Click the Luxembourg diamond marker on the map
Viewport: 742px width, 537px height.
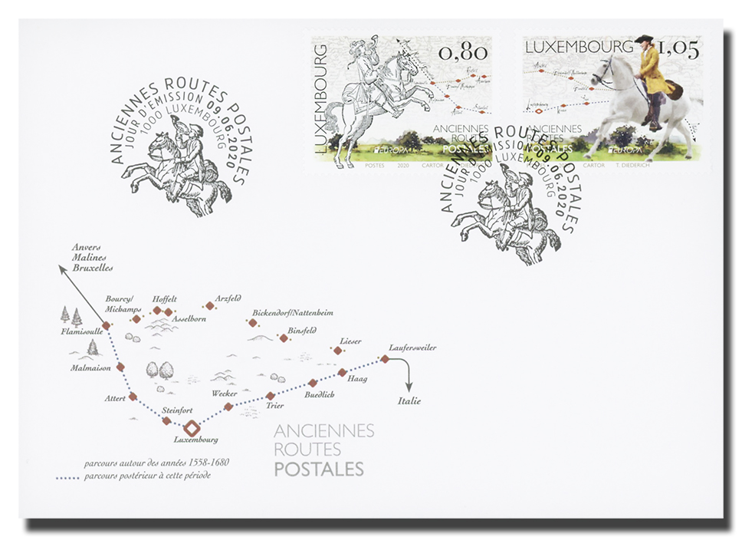tap(191, 429)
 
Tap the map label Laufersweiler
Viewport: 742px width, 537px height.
tap(412, 348)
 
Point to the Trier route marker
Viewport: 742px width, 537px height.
tap(270, 397)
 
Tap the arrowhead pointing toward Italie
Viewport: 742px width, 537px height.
tap(409, 388)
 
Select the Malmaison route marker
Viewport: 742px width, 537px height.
tap(120, 367)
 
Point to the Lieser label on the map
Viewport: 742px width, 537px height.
tap(350, 341)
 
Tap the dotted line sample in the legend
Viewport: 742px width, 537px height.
tap(67, 478)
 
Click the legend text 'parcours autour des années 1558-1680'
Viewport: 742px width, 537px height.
tap(157, 463)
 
